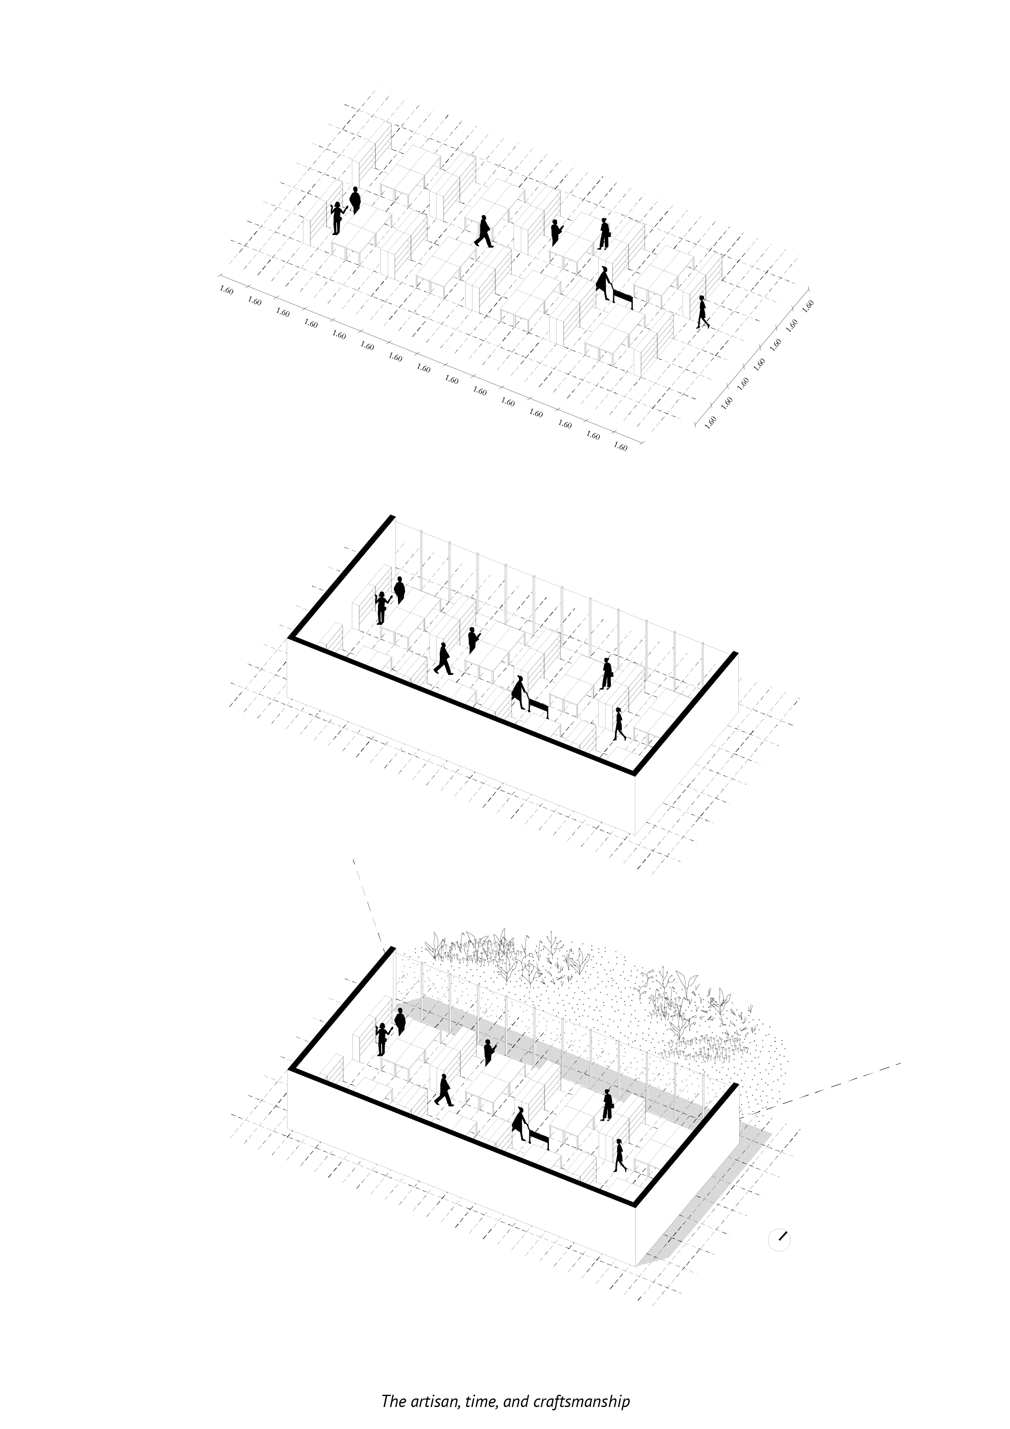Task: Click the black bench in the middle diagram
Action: (x=538, y=709)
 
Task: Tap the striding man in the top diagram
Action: (x=483, y=231)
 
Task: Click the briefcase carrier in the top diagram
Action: (x=604, y=234)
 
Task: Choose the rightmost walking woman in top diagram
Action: (x=703, y=312)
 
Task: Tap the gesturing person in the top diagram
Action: (x=338, y=218)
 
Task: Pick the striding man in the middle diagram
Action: (x=444, y=658)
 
